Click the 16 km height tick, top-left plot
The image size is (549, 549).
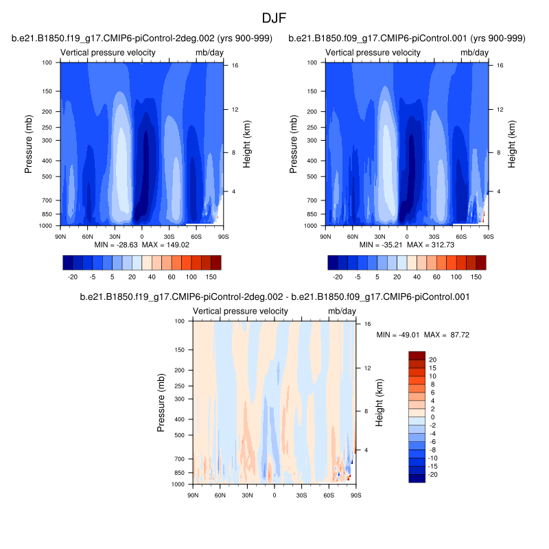(234, 65)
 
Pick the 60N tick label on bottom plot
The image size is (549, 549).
(220, 495)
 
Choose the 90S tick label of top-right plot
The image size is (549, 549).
(487, 236)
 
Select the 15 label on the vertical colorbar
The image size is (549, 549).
(413, 368)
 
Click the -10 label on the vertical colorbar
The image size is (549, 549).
(414, 458)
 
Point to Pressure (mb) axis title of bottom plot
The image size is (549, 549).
(161, 403)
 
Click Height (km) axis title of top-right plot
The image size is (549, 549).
(511, 144)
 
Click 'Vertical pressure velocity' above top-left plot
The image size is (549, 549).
(108, 53)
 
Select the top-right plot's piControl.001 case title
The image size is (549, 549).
(407, 38)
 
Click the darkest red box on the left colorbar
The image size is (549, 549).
(216, 262)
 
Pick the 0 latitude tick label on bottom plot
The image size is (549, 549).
(274, 495)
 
